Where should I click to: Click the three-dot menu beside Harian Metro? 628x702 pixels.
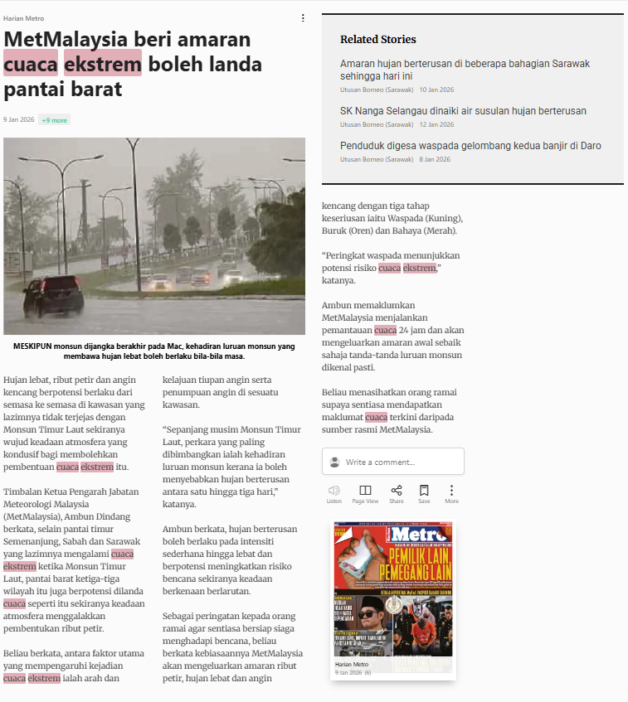pyautogui.click(x=303, y=17)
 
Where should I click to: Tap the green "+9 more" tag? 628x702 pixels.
pyautogui.click(x=54, y=120)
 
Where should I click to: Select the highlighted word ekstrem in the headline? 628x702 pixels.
pyautogui.click(x=103, y=64)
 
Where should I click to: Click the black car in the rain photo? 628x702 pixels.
pyautogui.click(x=53, y=292)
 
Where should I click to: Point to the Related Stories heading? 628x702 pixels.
pyautogui.click(x=377, y=39)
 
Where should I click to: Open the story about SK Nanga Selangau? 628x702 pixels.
pyautogui.click(x=463, y=110)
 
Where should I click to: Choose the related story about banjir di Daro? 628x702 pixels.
pyautogui.click(x=470, y=145)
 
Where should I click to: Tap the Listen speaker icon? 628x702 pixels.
pyautogui.click(x=334, y=491)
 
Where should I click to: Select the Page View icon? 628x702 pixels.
pyautogui.click(x=365, y=491)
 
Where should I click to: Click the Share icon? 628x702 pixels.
pyautogui.click(x=397, y=491)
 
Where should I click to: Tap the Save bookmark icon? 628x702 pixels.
pyautogui.click(x=424, y=491)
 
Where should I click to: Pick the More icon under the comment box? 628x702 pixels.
pyautogui.click(x=451, y=491)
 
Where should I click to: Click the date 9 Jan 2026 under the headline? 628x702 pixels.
pyautogui.click(x=18, y=120)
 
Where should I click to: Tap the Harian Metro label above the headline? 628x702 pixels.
pyautogui.click(x=23, y=18)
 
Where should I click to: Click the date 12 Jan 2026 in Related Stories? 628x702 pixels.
pyautogui.click(x=436, y=124)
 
